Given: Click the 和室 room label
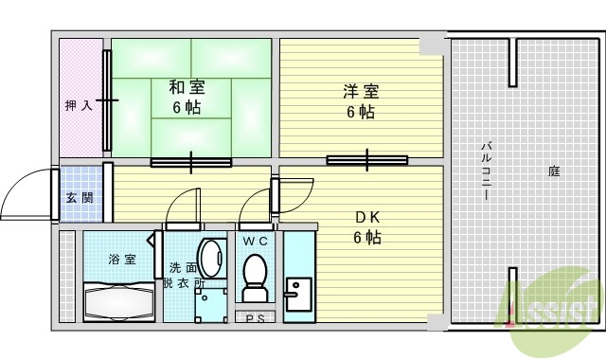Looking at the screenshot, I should [187, 97].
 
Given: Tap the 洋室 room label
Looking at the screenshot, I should [360, 101].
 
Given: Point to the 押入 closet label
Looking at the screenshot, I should [79, 105].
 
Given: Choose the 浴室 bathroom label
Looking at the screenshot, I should [120, 259].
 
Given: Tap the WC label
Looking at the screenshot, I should [255, 243].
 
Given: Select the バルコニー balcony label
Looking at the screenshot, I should [485, 171].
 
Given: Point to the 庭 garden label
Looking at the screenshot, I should [553, 171].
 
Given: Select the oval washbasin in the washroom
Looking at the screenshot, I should [214, 256].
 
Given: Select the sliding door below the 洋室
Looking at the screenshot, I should [367, 160].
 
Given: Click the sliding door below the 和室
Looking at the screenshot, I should [190, 161].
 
